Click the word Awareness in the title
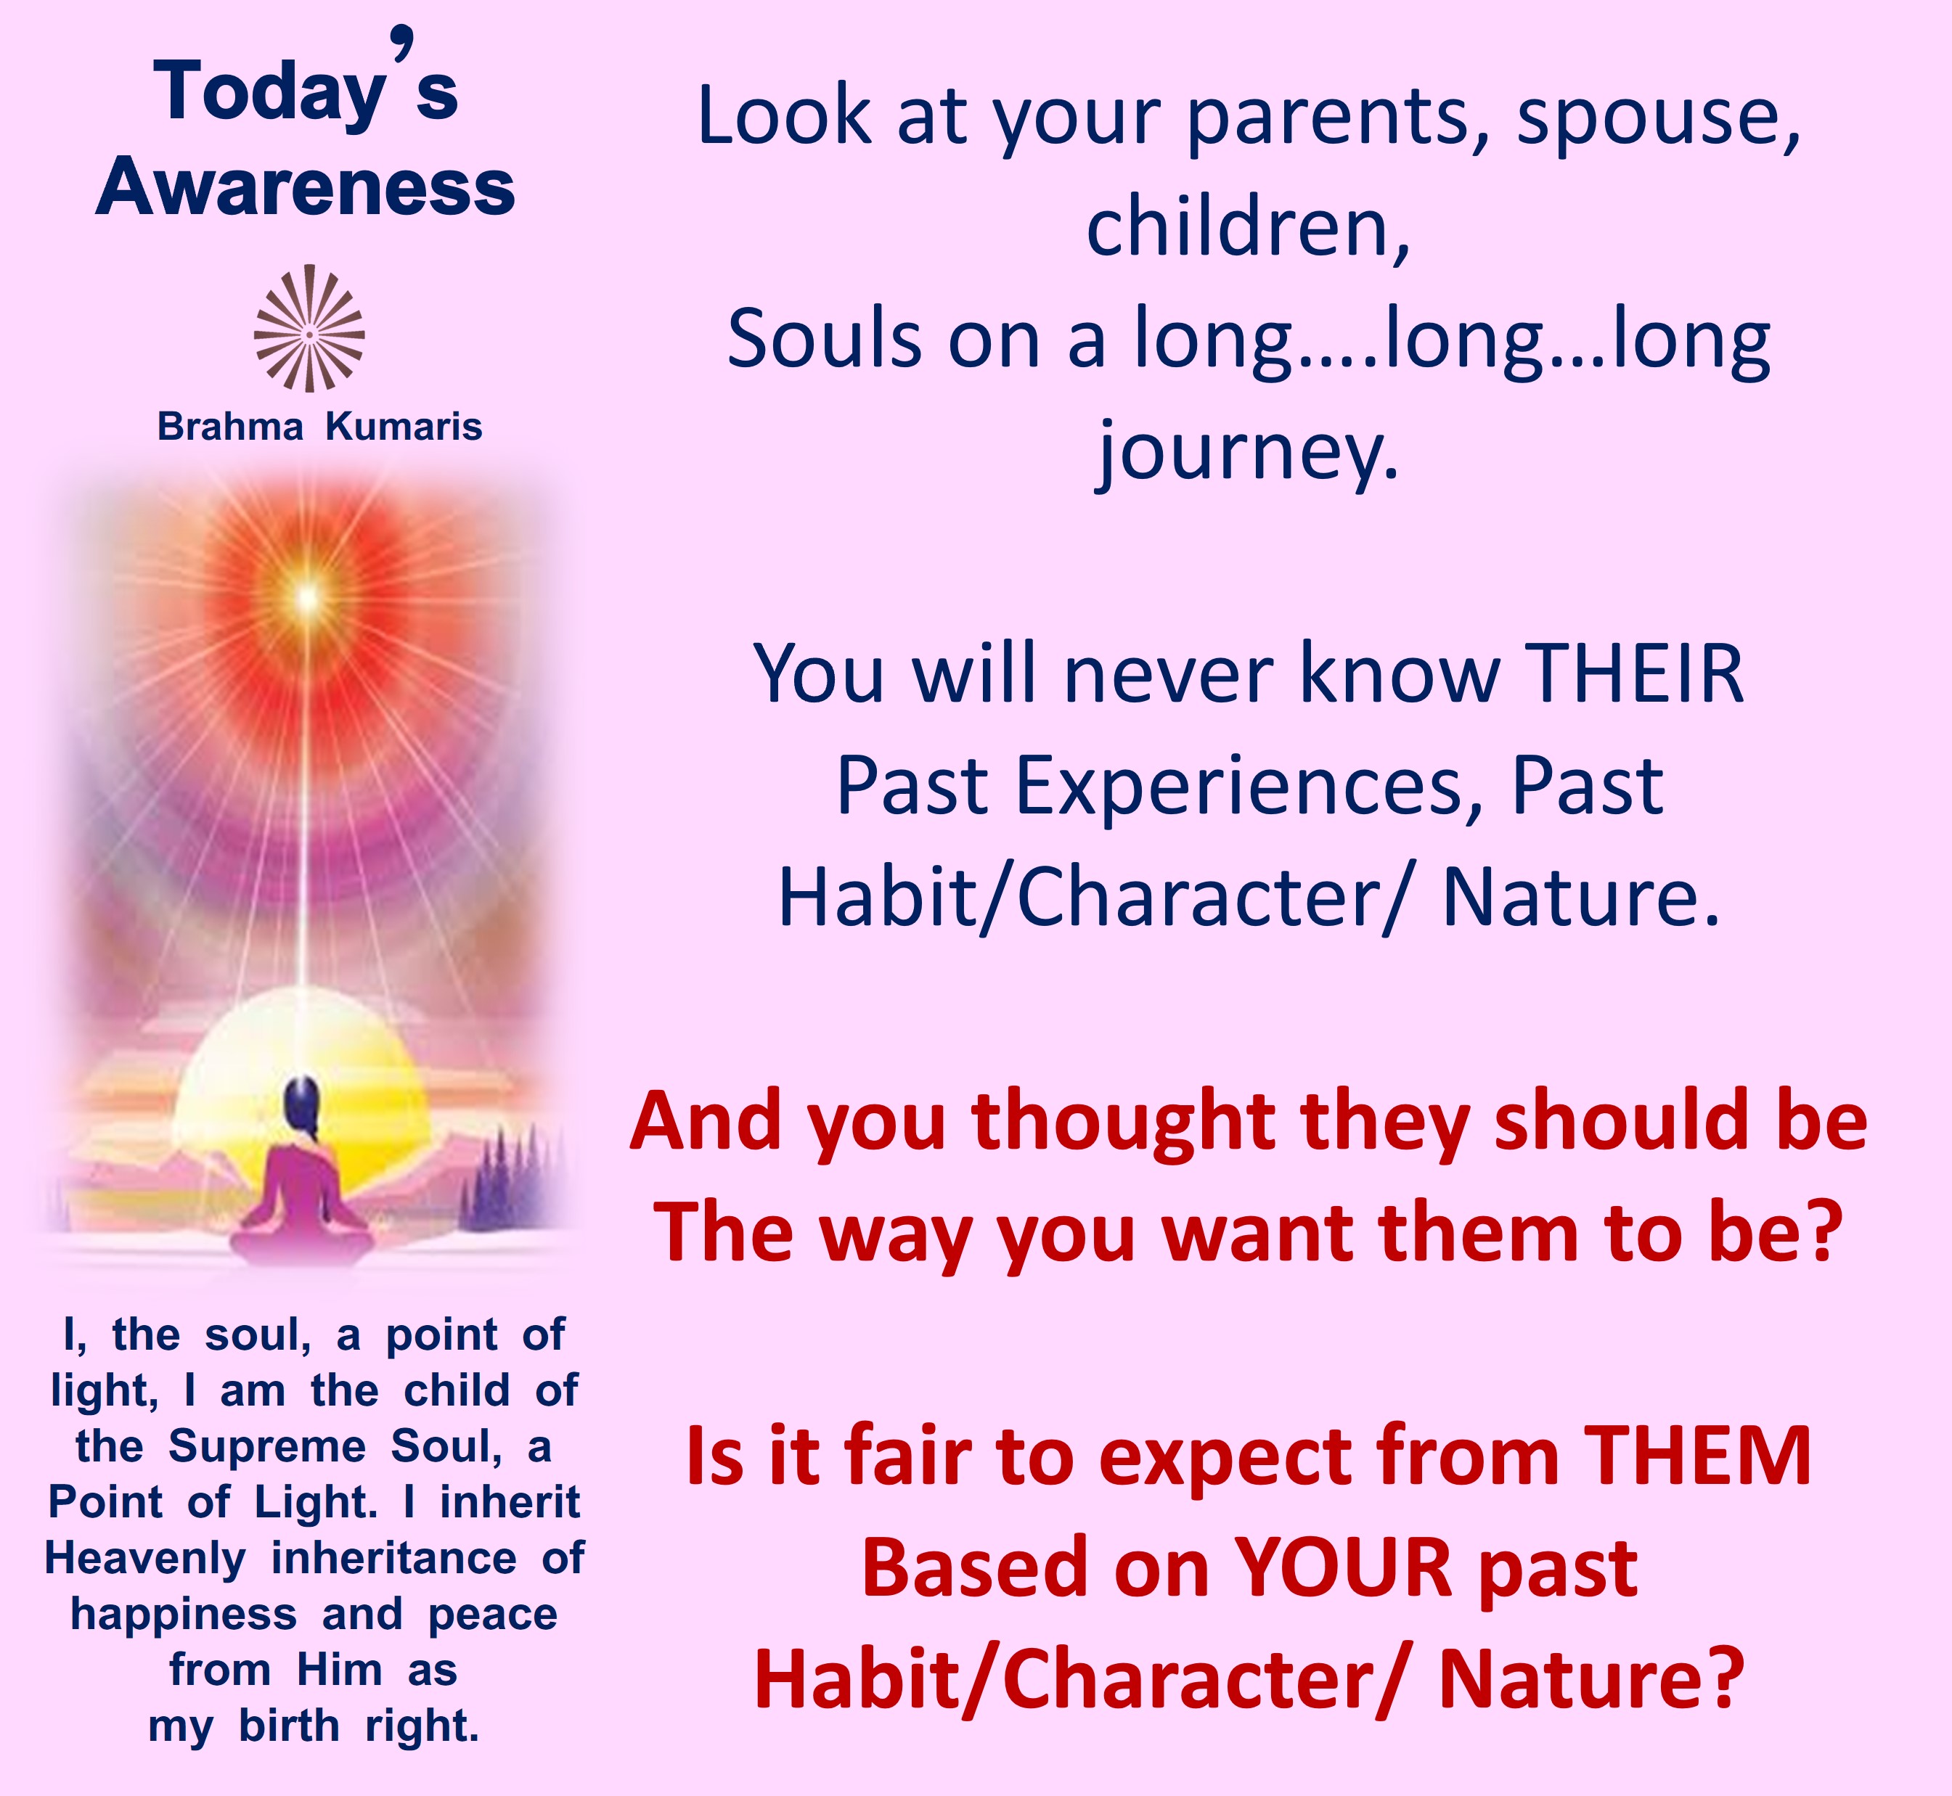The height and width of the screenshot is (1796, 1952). click(x=305, y=186)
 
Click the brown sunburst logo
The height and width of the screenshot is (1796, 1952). click(x=309, y=329)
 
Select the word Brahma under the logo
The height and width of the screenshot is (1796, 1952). click(x=230, y=427)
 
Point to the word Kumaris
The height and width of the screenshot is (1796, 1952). click(x=404, y=427)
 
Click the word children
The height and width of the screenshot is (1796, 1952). click(x=1247, y=229)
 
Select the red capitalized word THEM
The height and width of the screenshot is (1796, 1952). click(x=1698, y=1456)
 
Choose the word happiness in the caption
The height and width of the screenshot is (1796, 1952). click(x=184, y=1615)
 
